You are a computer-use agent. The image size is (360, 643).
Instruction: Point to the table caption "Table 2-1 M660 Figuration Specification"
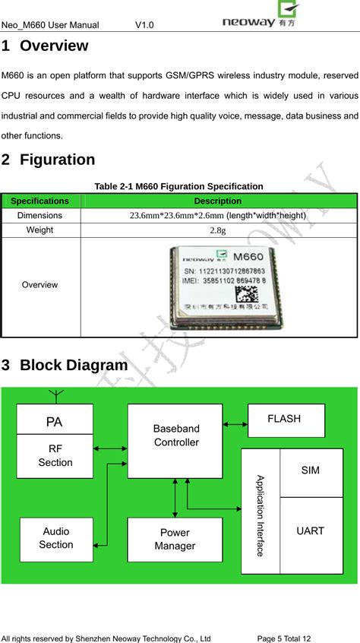point(178,186)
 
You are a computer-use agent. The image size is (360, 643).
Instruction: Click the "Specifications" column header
point(40,201)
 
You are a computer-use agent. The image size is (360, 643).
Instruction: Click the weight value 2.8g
point(217,230)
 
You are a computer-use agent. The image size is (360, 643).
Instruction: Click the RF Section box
point(55,456)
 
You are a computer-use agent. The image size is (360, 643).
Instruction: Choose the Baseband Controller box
point(175,441)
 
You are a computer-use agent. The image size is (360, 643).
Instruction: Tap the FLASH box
point(286,420)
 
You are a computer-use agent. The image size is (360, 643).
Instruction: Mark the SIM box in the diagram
point(310,471)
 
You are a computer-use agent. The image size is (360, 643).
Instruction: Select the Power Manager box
point(175,540)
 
